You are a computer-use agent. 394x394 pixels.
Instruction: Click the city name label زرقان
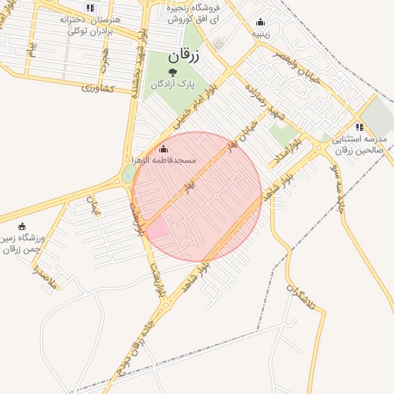tap(182, 56)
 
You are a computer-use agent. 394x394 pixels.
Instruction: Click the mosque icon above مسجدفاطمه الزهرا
tap(162, 149)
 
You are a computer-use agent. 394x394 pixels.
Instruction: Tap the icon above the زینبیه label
tap(260, 22)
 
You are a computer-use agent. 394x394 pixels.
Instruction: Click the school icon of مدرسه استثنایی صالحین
tap(359, 127)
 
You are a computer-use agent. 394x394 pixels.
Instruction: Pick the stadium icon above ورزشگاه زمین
tap(22, 226)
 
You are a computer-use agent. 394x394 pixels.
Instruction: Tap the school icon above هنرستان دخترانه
tap(90, 8)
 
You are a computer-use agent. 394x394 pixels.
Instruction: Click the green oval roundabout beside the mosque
tap(127, 175)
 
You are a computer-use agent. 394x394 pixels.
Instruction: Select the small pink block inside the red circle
tap(157, 229)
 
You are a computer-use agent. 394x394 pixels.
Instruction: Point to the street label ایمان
tap(94, 206)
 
